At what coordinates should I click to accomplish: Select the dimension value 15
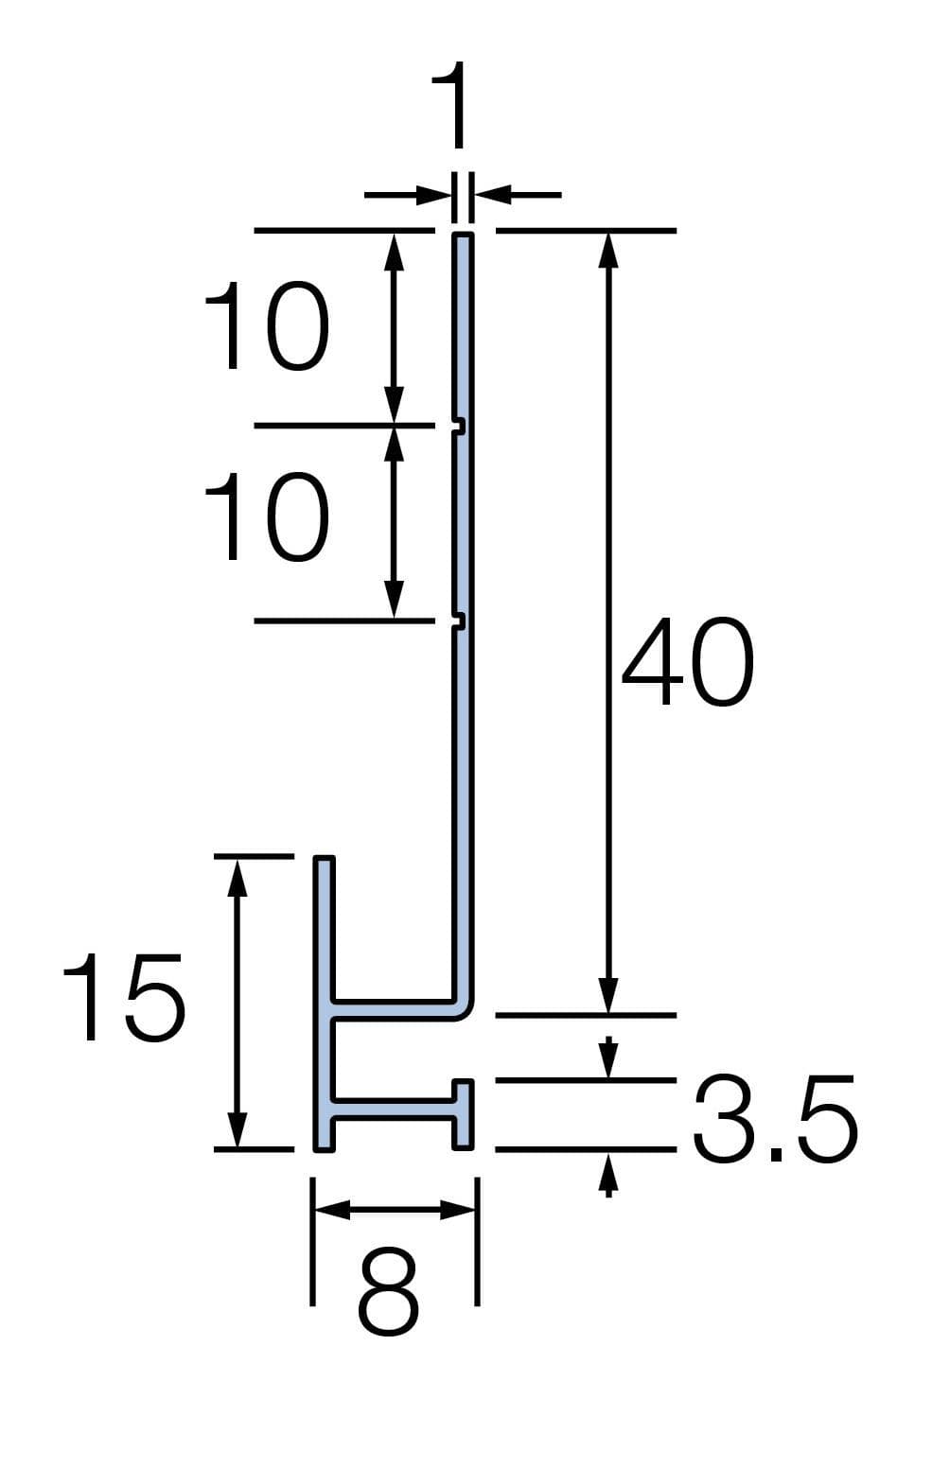[x=124, y=997]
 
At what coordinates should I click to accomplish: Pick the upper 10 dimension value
[x=266, y=325]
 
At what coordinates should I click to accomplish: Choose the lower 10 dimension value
[x=266, y=516]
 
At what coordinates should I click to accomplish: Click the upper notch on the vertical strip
[x=459, y=426]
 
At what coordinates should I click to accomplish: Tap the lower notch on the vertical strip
[x=459, y=620]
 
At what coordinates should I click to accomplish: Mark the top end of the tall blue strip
[x=463, y=234]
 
